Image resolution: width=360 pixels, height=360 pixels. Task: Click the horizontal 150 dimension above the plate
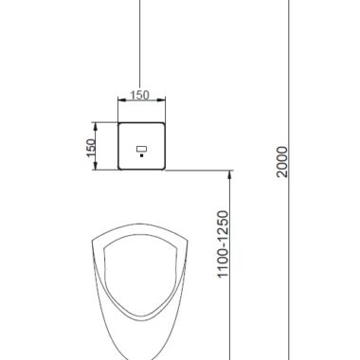click(139, 95)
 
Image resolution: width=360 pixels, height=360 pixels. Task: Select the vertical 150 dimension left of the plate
click(91, 148)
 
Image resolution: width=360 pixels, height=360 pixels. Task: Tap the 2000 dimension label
click(282, 161)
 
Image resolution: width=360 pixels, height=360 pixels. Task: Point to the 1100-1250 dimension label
click(223, 244)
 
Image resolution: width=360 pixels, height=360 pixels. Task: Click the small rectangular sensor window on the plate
click(142, 149)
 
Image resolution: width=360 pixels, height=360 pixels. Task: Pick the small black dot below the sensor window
click(142, 155)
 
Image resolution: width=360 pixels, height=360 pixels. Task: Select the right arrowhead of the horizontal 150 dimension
click(161, 100)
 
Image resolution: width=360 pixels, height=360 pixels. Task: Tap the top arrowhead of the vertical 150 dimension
click(95, 126)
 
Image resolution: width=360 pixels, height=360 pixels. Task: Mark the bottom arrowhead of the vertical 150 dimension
click(95, 166)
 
